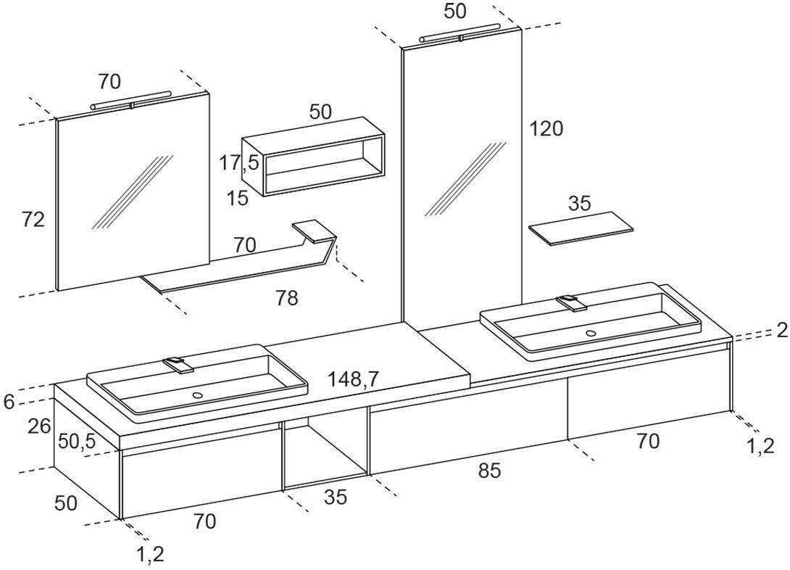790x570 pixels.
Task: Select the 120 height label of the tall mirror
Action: pyautogui.click(x=546, y=129)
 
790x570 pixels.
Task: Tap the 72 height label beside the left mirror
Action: pyautogui.click(x=33, y=220)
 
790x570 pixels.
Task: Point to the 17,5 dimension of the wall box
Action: pyautogui.click(x=239, y=163)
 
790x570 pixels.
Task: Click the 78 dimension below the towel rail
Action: pyautogui.click(x=287, y=298)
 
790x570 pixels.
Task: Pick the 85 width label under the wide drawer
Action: pyautogui.click(x=489, y=471)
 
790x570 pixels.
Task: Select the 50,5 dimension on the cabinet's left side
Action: pyautogui.click(x=77, y=442)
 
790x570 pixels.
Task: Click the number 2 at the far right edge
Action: pyautogui.click(x=781, y=331)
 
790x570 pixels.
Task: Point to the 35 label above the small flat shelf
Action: pyautogui.click(x=579, y=204)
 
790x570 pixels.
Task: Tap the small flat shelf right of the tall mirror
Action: pyautogui.click(x=581, y=227)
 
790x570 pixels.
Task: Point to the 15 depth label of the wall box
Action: pyautogui.click(x=236, y=197)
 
